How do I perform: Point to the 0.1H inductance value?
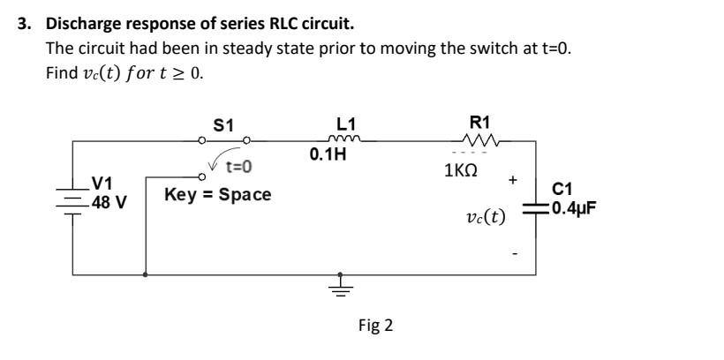tap(328, 155)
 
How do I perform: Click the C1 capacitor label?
tap(562, 189)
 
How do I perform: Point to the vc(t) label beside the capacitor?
tap(486, 216)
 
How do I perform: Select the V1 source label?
tap(103, 184)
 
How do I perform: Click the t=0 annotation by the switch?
tap(239, 166)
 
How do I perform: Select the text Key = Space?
tap(217, 193)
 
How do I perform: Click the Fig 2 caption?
tap(375, 326)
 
